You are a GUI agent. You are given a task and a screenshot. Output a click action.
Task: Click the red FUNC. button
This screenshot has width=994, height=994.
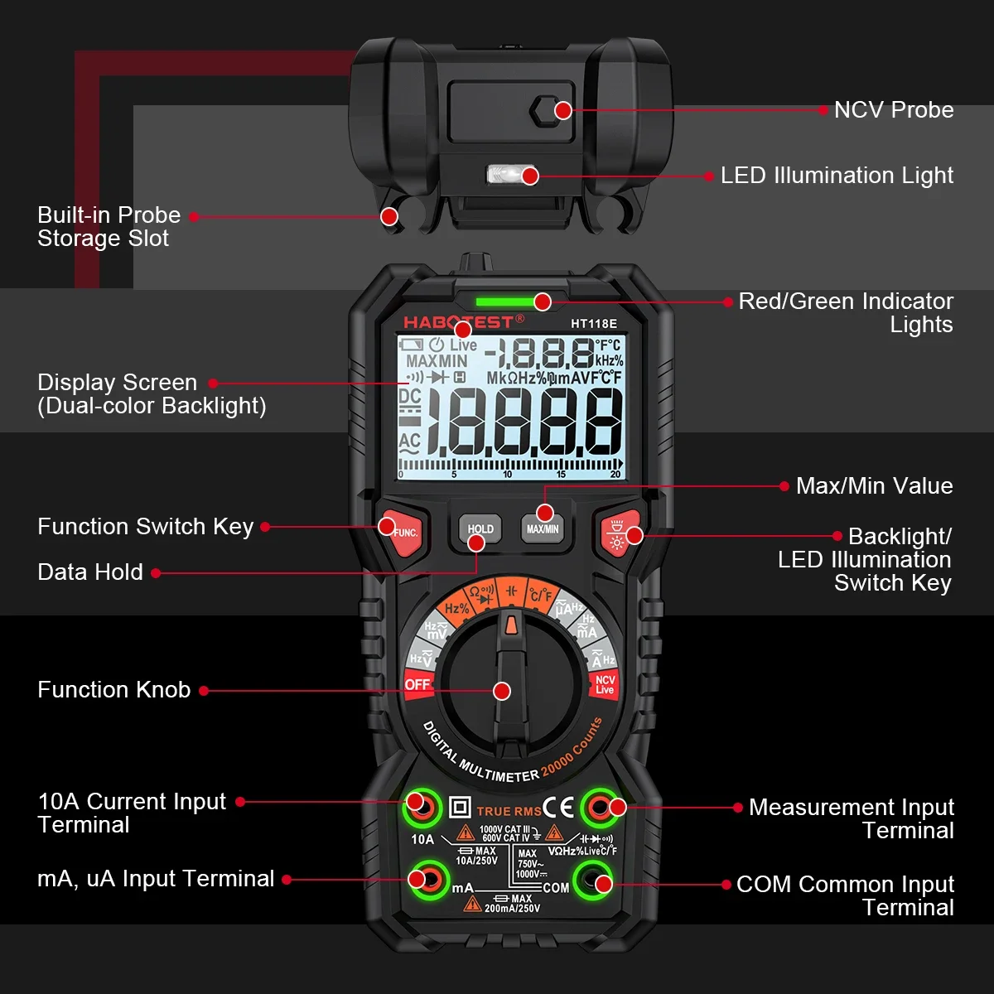(x=402, y=530)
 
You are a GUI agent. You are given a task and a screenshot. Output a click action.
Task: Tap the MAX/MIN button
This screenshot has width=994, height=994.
(x=543, y=528)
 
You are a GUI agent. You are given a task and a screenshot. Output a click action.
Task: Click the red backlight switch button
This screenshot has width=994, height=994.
(x=619, y=533)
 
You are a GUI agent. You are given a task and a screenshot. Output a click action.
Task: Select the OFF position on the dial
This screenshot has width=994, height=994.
(x=417, y=684)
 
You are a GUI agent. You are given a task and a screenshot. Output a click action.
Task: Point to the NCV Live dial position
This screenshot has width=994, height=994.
(x=605, y=685)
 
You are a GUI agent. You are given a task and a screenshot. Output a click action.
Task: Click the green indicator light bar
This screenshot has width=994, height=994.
(x=509, y=302)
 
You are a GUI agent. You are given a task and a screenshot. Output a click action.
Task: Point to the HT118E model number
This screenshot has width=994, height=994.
(x=593, y=324)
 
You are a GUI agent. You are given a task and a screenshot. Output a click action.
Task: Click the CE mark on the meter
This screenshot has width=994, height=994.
(x=558, y=808)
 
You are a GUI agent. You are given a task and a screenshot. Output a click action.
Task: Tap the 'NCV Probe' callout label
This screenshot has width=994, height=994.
(x=893, y=110)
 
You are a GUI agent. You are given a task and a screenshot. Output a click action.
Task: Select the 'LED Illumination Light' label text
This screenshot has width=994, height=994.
(x=837, y=176)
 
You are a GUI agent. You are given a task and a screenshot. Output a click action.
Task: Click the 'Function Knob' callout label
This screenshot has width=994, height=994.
(x=114, y=690)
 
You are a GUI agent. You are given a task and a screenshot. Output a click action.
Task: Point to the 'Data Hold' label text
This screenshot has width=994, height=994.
(x=90, y=572)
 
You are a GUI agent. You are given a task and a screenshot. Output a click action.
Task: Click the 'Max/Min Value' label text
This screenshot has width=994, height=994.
(x=874, y=486)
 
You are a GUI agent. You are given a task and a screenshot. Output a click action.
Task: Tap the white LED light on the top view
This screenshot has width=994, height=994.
(x=500, y=174)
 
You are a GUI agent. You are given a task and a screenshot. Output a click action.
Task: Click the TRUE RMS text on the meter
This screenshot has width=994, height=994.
(x=509, y=812)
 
